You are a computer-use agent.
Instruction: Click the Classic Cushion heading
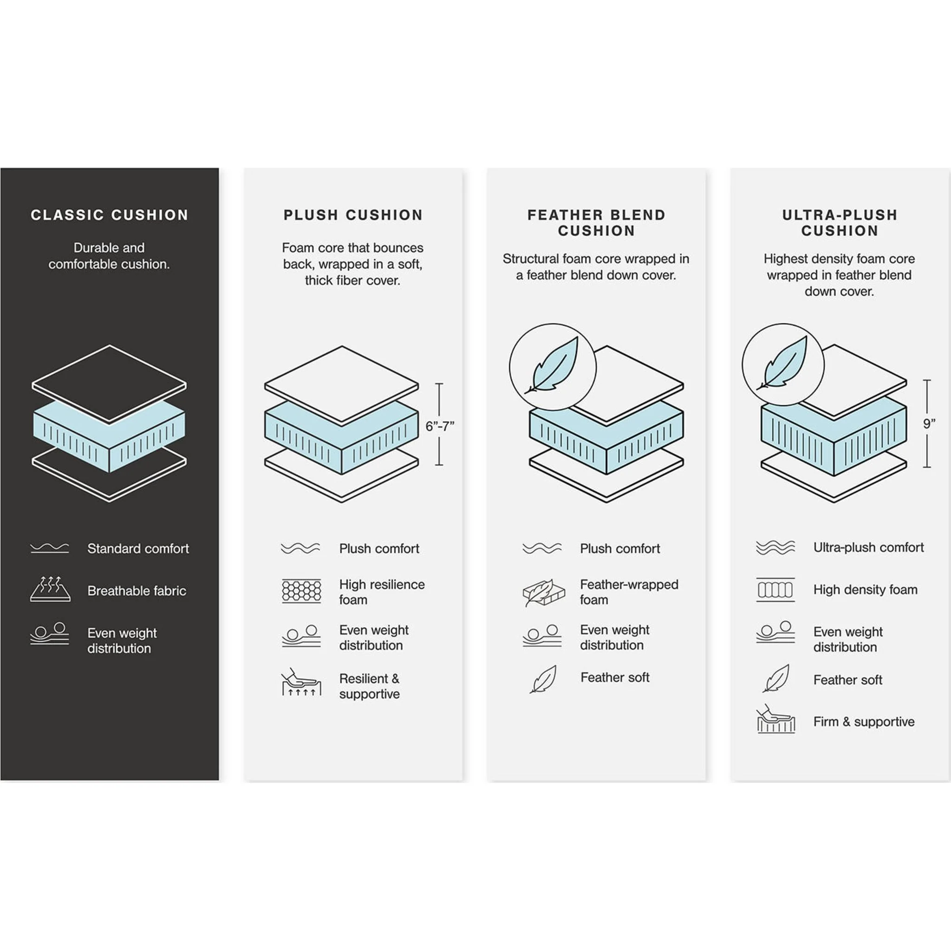[109, 215]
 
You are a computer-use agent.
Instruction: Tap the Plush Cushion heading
[353, 215]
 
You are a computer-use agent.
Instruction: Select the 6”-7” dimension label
[440, 426]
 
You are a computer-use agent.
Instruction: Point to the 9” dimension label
[929, 424]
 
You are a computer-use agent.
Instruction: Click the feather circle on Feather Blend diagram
[552, 367]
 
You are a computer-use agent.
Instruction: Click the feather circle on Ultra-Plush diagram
[782, 364]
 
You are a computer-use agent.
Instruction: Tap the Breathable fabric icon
[50, 589]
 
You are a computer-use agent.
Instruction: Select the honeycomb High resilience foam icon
[301, 591]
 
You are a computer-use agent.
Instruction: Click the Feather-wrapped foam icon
[543, 592]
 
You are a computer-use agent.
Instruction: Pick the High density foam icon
[775, 590]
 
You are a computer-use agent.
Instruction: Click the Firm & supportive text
[864, 722]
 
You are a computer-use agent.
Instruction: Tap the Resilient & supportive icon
[301, 683]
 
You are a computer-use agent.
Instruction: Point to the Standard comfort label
[138, 548]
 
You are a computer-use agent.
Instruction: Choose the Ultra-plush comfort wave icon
[775, 547]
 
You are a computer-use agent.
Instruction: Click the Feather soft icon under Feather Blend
[543, 679]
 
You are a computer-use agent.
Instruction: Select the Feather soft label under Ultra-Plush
[847, 680]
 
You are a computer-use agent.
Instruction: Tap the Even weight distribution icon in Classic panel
[50, 633]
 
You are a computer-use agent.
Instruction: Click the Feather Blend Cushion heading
[596, 222]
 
